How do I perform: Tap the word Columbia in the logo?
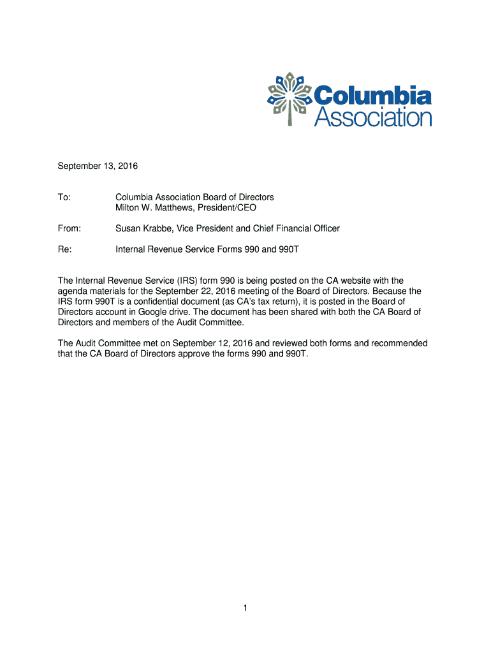tap(372, 96)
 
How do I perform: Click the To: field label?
tap(64, 198)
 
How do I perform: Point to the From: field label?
tap(70, 228)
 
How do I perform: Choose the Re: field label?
tap(65, 249)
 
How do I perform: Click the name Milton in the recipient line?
tap(129, 208)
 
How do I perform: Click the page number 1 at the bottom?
tap(245, 609)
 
